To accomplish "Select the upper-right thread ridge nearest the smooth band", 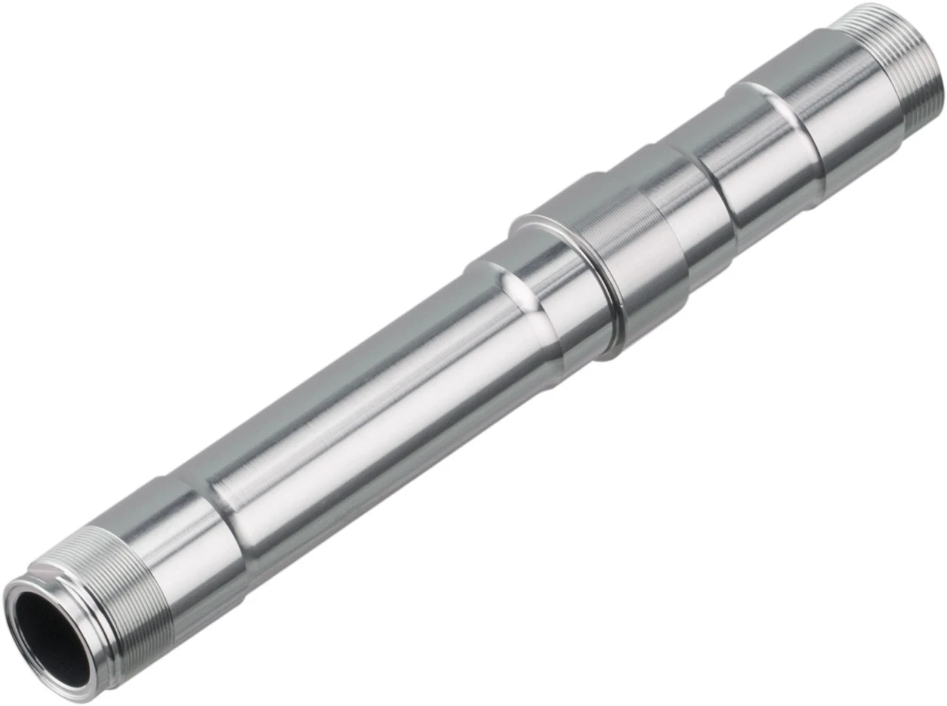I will click(873, 70).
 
